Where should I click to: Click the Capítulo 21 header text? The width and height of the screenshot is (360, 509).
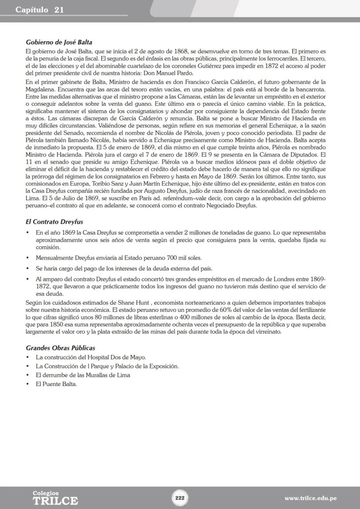(x=40, y=10)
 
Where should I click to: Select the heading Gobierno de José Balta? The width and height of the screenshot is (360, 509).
(x=59, y=43)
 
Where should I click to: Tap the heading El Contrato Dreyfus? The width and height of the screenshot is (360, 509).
(x=54, y=222)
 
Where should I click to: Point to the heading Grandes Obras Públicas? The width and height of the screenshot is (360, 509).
(x=60, y=348)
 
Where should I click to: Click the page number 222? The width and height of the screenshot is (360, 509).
(x=180, y=498)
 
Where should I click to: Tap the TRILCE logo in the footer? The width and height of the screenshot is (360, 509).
(x=55, y=498)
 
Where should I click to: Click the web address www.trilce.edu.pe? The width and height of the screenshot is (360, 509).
(x=310, y=498)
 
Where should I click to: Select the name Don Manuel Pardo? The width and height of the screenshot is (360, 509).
(x=171, y=73)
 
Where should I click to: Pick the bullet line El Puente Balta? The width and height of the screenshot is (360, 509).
(x=56, y=384)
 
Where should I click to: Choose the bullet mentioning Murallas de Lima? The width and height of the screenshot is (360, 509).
(x=83, y=375)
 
